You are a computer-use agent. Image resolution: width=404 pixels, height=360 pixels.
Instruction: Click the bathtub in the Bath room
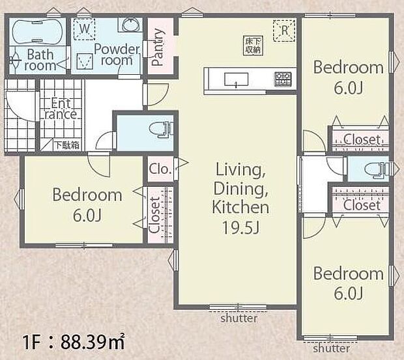36,31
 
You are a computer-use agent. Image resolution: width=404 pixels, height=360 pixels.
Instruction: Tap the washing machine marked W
83,29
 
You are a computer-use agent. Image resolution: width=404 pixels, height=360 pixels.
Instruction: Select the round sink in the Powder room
128,25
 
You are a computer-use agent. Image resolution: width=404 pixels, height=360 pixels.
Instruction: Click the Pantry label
157,48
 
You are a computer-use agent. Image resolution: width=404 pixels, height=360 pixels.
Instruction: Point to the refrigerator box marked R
285,29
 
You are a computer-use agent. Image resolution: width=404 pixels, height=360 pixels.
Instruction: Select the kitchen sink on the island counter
235,79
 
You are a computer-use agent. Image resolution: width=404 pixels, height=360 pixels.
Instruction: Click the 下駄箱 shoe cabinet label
66,145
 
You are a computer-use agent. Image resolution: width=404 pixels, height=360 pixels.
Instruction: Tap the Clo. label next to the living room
160,169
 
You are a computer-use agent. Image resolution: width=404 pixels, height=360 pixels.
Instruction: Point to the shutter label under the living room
238,319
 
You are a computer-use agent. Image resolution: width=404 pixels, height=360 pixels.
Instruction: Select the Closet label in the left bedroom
154,215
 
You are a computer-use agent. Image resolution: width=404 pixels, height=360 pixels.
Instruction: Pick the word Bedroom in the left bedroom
87,195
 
